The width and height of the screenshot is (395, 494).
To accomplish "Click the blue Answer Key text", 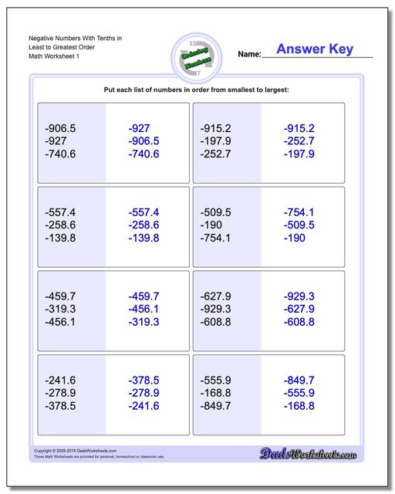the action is point(315,49).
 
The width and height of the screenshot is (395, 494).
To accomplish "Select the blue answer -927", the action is point(145,128).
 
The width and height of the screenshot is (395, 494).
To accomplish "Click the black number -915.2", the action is point(215,128).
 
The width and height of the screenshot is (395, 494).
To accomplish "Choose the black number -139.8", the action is point(61,238).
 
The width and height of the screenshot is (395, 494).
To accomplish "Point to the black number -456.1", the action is point(61,322).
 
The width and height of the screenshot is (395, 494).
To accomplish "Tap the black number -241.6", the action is point(61,380).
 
